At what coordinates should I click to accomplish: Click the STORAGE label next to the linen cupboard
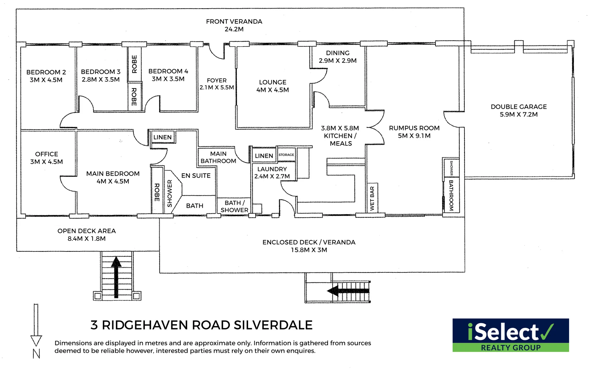(x=286, y=155)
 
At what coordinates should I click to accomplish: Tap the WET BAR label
(x=372, y=199)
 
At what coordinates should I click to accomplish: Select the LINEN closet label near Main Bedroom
(x=162, y=137)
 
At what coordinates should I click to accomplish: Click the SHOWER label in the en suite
(x=170, y=193)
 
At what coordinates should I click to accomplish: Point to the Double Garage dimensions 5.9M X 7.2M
(x=518, y=114)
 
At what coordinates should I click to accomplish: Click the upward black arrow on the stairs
(x=116, y=276)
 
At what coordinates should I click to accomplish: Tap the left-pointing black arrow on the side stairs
(x=347, y=291)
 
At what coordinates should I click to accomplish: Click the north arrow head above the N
(x=36, y=341)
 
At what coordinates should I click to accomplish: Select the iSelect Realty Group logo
(x=511, y=335)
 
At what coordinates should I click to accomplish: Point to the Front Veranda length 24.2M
(x=234, y=29)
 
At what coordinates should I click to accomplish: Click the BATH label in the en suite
(x=195, y=206)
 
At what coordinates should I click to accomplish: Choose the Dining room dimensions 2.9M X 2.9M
(x=338, y=61)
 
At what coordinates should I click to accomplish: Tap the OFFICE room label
(x=46, y=154)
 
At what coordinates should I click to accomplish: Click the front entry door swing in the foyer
(x=217, y=52)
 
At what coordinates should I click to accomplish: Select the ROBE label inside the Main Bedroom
(x=157, y=192)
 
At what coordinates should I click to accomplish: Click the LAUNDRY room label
(x=272, y=169)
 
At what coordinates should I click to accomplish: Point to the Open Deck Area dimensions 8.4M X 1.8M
(x=86, y=238)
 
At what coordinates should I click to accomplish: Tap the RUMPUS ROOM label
(x=414, y=128)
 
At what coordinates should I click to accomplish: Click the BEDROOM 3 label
(x=100, y=72)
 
